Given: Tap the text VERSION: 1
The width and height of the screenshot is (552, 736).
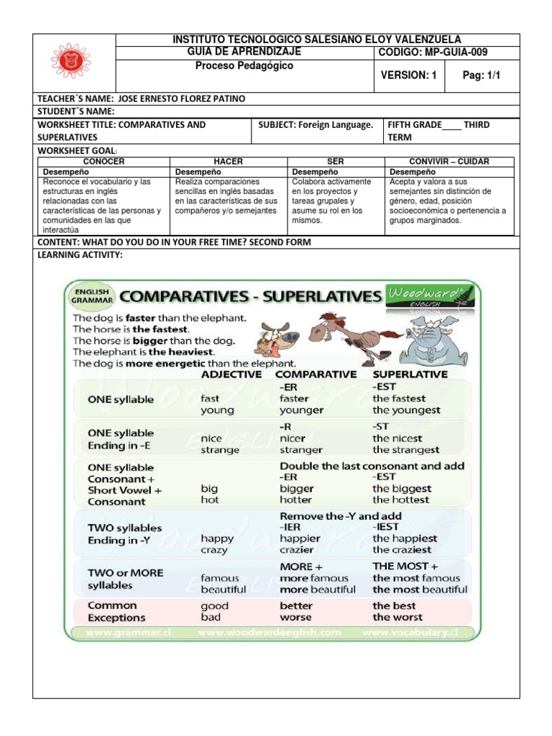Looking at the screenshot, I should click(408, 75).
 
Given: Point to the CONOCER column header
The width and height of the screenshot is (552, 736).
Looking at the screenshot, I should click(104, 162).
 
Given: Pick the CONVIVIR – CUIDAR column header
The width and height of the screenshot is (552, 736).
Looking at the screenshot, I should click(450, 162).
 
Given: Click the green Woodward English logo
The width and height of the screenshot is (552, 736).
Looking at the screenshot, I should click(424, 295).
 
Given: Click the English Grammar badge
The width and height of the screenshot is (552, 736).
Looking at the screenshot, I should click(91, 296).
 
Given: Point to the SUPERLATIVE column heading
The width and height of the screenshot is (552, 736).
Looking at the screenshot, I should click(410, 374).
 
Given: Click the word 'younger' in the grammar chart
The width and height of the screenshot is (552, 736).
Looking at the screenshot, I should click(301, 410).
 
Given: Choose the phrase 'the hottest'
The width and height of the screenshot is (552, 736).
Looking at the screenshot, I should click(400, 500).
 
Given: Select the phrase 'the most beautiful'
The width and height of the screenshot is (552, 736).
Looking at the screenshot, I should click(420, 589).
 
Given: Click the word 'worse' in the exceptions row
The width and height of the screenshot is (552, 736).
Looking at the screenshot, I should click(295, 617).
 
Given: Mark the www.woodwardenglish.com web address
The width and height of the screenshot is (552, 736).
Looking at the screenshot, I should click(270, 632).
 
